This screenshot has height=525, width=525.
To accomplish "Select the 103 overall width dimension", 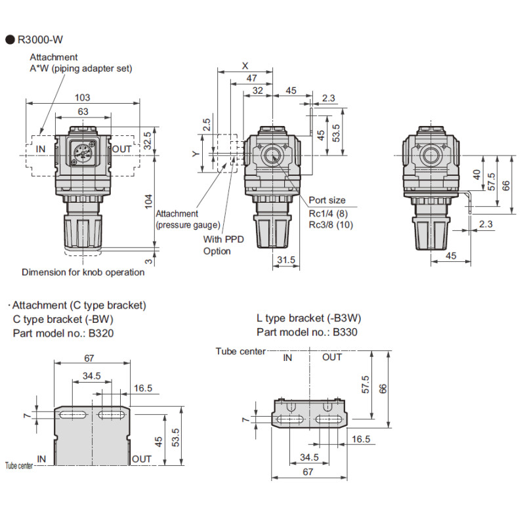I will click(x=83, y=97).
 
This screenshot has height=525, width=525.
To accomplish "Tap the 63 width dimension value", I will click(x=83, y=112).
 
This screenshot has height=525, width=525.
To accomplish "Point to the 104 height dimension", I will click(x=148, y=199).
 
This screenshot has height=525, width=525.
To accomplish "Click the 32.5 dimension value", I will click(x=148, y=139).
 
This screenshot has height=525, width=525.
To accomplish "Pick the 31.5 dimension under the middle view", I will click(x=285, y=261).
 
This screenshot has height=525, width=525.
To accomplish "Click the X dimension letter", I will click(x=245, y=66).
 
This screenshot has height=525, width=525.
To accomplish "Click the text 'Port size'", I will click(x=327, y=200).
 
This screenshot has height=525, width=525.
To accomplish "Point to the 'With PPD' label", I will click(x=223, y=240).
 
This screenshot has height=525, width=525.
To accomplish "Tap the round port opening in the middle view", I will click(x=271, y=156).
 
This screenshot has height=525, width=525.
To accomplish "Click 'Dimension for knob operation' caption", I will click(x=83, y=272).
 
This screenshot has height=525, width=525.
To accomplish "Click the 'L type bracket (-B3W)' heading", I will click(x=309, y=318).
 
